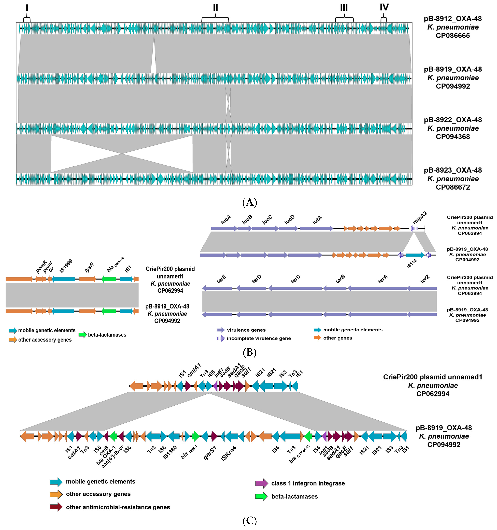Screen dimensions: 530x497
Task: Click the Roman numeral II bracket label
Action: (x=215, y=8)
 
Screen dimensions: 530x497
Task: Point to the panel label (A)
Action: (x=249, y=202)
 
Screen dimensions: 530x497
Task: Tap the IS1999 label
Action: (x=66, y=266)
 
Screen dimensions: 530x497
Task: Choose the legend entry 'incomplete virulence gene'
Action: (x=259, y=338)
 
